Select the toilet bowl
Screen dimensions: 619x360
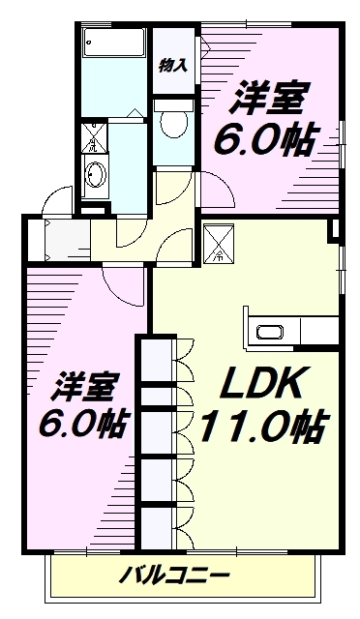point(173,122)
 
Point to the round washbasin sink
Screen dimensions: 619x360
point(96,174)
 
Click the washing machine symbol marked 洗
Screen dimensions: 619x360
point(93,137)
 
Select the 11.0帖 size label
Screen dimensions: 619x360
point(262,426)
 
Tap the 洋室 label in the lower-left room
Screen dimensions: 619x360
point(84,387)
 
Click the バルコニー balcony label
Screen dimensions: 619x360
point(175,577)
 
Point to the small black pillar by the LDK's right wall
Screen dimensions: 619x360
point(335,229)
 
